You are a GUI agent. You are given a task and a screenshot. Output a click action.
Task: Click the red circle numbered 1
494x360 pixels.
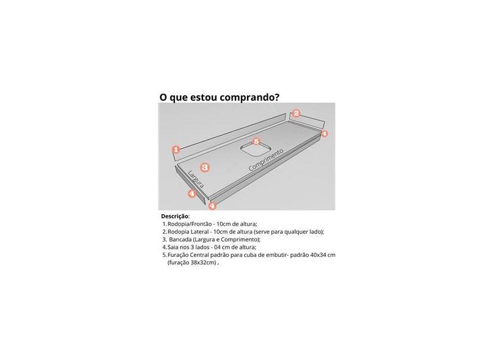click(176, 149)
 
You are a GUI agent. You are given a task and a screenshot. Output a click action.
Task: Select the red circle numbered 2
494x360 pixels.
click(296, 113)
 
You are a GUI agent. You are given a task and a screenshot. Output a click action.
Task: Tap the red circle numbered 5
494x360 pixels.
click(256, 142)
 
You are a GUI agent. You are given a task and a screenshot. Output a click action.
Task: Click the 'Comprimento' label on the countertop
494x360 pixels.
click(266, 160)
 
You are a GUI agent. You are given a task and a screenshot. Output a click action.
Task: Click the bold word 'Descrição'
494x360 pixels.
click(175, 217)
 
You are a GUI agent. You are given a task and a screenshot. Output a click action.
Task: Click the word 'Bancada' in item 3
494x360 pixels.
click(181, 240)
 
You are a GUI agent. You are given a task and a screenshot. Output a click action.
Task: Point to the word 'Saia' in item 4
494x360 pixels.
click(174, 247)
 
